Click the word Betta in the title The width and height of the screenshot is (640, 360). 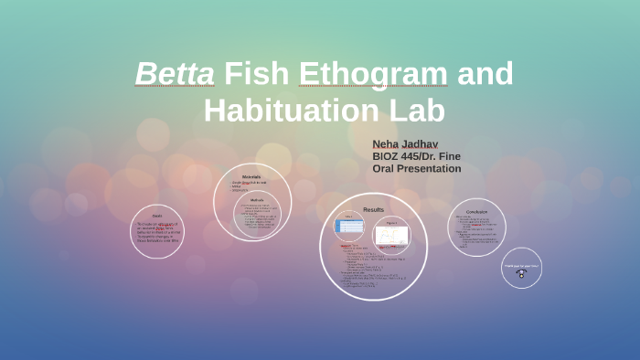[x=175, y=73]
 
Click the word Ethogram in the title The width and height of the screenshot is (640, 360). [x=378, y=73]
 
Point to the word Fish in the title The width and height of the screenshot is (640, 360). [x=258, y=73]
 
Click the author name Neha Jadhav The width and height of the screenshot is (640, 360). [x=406, y=144]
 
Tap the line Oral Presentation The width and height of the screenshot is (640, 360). [x=417, y=168]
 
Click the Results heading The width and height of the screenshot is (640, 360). [x=373, y=209]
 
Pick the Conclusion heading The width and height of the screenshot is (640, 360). [x=476, y=211]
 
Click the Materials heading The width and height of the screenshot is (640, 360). [x=251, y=176]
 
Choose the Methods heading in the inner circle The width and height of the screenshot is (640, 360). [x=257, y=200]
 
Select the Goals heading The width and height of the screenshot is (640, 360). [x=156, y=217]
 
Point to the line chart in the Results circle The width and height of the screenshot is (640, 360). [x=391, y=235]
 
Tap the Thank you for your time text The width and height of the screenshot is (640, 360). [x=521, y=266]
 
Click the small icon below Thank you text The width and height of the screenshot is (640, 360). [x=521, y=274]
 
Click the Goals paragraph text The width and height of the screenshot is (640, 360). [x=158, y=233]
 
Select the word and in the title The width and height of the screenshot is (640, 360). [x=485, y=73]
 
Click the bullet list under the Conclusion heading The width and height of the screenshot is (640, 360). [x=476, y=232]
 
